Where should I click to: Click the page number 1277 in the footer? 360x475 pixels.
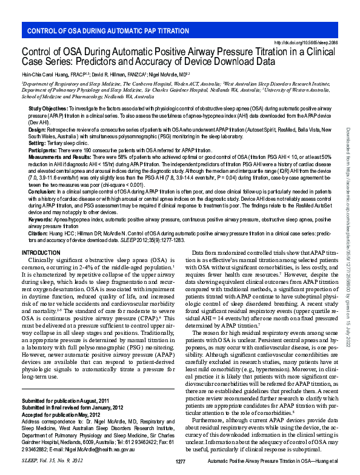click(180, 462)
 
